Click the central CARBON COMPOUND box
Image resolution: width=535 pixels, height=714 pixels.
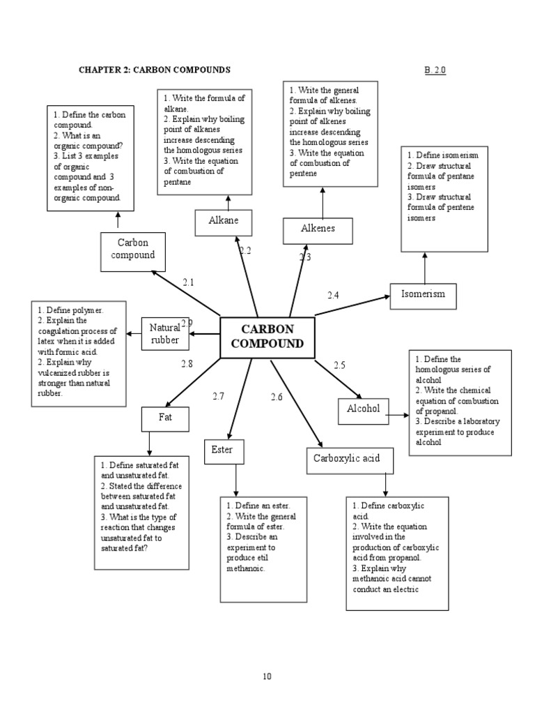tap(267, 337)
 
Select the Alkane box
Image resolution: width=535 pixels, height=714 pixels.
tap(224, 222)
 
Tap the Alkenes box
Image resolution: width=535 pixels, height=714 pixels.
tap(318, 229)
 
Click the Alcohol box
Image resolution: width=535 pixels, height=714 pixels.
tap(364, 409)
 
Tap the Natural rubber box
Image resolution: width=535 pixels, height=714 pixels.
tap(165, 333)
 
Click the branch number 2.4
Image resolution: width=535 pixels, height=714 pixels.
tap(333, 296)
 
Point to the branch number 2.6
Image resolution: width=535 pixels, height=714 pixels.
tap(277, 397)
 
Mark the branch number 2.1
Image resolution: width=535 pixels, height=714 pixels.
tap(188, 282)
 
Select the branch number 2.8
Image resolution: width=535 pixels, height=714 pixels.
tap(187, 363)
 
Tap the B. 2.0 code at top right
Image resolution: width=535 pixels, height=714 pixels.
tap(434, 70)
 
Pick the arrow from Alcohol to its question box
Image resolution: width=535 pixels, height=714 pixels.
tap(397, 415)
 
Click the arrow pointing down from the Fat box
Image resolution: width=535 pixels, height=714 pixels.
tap(149, 443)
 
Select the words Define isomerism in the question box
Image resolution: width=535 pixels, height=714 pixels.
tap(444, 155)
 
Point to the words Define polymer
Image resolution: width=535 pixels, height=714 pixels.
tap(74, 310)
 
